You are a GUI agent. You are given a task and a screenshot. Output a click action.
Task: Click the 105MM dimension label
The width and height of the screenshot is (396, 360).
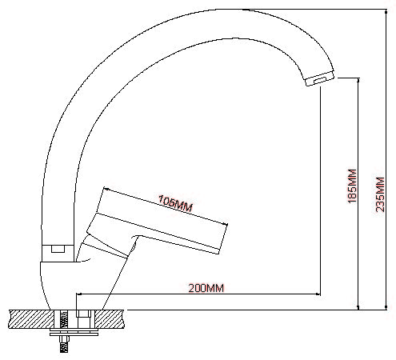pyautogui.click(x=175, y=203)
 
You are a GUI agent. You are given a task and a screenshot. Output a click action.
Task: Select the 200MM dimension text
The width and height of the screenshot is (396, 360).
pyautogui.click(x=206, y=288)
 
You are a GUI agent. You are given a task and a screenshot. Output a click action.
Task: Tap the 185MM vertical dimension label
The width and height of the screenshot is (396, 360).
pyautogui.click(x=352, y=186)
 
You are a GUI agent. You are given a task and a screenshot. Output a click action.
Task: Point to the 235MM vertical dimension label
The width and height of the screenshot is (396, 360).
pyautogui.click(x=380, y=194)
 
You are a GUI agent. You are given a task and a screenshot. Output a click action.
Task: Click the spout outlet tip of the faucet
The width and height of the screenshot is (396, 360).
pyautogui.click(x=320, y=79)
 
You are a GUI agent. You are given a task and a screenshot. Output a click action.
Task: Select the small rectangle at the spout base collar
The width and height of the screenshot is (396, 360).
pyautogui.click(x=58, y=249)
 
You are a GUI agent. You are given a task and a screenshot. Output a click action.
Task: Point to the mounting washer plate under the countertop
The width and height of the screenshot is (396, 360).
pyautogui.click(x=74, y=333)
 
